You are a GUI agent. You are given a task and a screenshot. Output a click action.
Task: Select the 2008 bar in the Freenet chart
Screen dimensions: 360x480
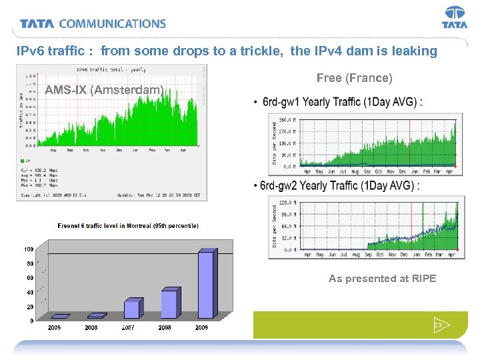tap(171, 303)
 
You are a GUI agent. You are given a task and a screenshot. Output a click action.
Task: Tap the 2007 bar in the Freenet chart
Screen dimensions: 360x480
tap(133, 309)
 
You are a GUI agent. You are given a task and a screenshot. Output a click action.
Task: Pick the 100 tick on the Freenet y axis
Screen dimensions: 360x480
tap(29, 249)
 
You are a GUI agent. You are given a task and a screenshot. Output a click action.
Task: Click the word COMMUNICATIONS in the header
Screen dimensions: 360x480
tap(113, 24)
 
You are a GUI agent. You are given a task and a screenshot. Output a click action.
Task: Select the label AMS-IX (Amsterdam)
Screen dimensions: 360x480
tap(104, 90)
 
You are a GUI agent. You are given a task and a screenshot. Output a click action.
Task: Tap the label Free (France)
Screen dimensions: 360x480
tap(355, 78)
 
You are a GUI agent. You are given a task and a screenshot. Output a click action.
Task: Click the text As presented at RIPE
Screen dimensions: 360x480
tap(383, 279)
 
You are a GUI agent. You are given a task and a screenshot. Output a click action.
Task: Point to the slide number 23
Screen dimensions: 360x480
tap(439, 325)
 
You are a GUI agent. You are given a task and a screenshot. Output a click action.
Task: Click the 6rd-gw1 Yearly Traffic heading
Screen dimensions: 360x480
tap(342, 103)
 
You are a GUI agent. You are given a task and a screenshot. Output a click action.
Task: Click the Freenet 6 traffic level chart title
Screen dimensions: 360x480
tap(128, 226)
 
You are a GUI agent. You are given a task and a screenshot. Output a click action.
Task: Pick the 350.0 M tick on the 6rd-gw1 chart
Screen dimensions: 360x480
tap(285, 120)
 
